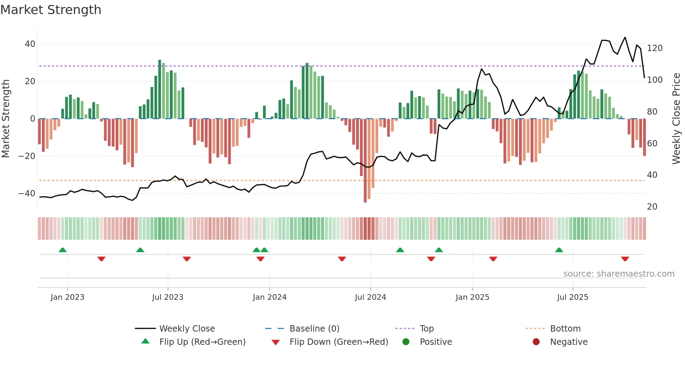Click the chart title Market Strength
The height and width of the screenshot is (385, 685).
51,10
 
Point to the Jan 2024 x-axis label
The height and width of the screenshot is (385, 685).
269,297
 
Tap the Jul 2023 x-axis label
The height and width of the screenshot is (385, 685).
167,297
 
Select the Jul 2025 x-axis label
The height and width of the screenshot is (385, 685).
572,297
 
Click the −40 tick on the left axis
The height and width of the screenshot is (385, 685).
27,194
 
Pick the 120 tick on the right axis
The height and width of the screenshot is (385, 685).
655,48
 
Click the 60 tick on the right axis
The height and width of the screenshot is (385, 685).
652,144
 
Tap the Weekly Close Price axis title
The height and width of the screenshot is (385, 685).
676,119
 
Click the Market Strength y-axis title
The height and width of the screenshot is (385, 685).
6,119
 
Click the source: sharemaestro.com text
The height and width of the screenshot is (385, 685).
619,274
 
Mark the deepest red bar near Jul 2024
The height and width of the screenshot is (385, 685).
365,161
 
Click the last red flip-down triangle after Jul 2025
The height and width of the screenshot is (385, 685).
625,259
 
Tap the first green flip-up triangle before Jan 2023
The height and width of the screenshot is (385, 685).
63,250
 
